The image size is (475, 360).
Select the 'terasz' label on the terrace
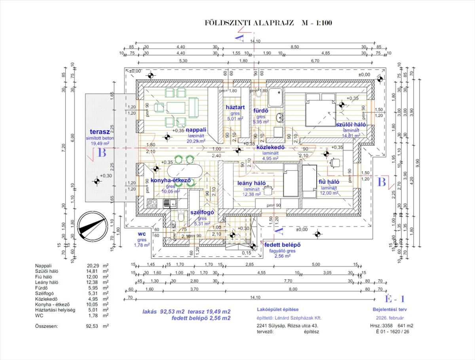(x=99, y=132)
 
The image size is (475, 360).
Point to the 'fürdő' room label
(x=261, y=111)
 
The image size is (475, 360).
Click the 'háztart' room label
(x=235, y=107)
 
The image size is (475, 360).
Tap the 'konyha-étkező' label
(x=171, y=180)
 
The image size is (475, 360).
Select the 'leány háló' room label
(x=251, y=183)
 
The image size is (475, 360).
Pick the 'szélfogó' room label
(x=202, y=212)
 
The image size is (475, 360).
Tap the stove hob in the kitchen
(x=153, y=204)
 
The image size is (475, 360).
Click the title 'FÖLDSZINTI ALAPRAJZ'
(x=249, y=23)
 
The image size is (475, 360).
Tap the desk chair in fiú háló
(x=336, y=162)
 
